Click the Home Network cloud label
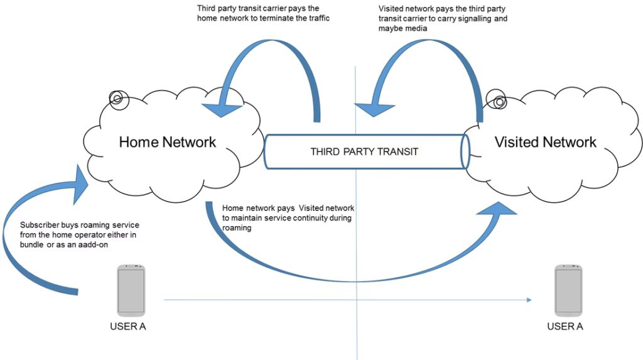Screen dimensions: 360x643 click(167, 141)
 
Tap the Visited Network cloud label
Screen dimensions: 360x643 click(545, 141)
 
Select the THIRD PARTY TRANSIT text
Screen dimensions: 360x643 click(364, 151)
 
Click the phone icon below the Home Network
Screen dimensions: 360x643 click(131, 290)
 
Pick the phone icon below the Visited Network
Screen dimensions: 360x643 click(568, 290)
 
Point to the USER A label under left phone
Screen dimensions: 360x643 click(131, 327)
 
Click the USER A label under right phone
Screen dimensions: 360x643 click(568, 327)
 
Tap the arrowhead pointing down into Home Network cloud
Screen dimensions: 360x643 click(222, 108)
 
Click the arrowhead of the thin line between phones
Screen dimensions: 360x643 click(529, 300)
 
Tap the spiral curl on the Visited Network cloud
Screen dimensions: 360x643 click(499, 101)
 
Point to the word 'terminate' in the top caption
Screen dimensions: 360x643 click(280, 19)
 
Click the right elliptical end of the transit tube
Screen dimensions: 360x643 click(465, 151)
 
